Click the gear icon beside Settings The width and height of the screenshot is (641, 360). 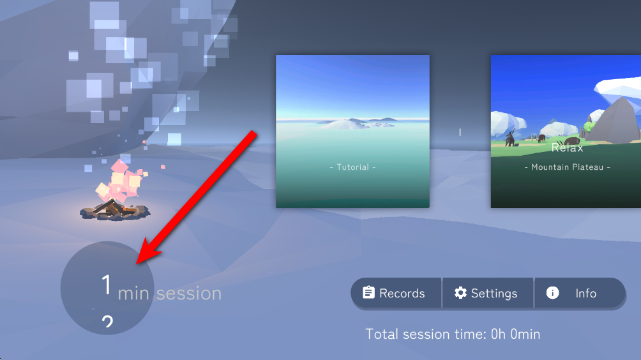point(460,292)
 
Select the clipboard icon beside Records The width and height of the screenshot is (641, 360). point(368,292)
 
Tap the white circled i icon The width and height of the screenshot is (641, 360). point(552,292)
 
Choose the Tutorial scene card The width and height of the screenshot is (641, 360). point(353,131)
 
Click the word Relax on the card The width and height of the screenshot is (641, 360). point(567,148)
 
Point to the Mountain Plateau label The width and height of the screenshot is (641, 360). point(568,167)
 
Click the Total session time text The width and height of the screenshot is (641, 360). point(453,334)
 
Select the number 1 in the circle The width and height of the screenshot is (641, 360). point(107,285)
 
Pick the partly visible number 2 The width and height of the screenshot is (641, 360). point(107,322)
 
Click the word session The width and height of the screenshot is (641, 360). point(189,294)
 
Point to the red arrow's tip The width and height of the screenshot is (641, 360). point(137,264)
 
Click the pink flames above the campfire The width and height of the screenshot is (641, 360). point(120,181)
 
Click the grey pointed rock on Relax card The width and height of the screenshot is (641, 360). point(615,121)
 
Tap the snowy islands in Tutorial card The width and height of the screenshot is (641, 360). point(356,123)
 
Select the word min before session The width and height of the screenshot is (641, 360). point(133,294)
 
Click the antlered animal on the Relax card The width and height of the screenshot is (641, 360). point(509,137)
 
